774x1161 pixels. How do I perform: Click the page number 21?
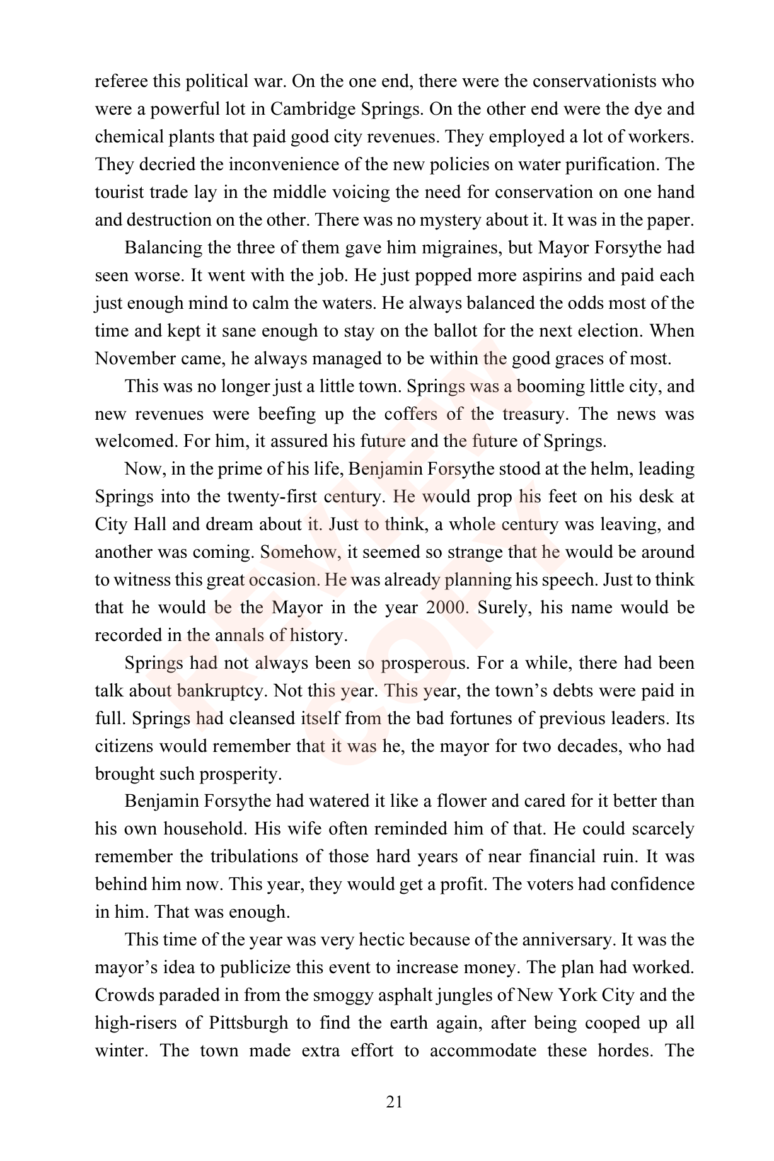tap(394, 1102)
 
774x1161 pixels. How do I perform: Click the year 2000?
tap(448, 608)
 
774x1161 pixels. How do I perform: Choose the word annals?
tap(239, 635)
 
